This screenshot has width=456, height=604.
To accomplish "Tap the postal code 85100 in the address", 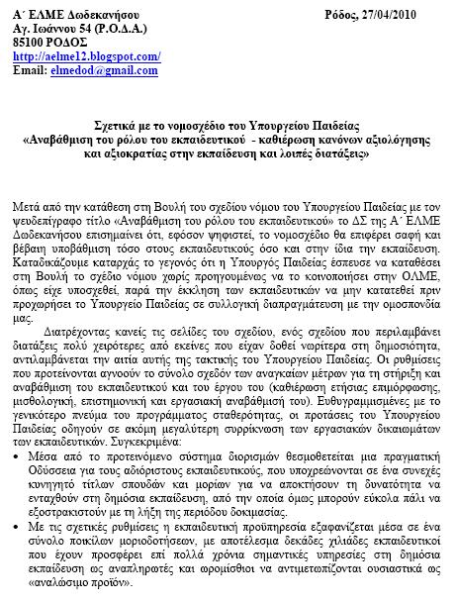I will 22,44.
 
